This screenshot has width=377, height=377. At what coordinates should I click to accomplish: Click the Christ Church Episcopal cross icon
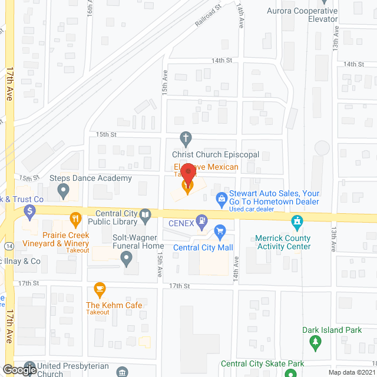(186, 140)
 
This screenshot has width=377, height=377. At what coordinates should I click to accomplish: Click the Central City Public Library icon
(145, 219)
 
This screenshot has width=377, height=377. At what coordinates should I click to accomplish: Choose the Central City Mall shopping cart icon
(220, 231)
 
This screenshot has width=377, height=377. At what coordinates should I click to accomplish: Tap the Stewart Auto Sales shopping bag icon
(221, 198)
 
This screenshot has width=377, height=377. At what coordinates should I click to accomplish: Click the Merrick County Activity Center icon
(297, 222)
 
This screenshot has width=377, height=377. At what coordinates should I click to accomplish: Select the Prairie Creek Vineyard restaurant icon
(75, 219)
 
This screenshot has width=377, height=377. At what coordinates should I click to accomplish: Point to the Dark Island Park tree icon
(316, 342)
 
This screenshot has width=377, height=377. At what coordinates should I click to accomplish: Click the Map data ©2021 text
(350, 372)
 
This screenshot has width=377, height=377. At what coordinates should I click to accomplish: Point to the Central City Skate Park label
(263, 363)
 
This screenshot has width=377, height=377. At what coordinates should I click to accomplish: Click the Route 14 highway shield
(7, 245)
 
